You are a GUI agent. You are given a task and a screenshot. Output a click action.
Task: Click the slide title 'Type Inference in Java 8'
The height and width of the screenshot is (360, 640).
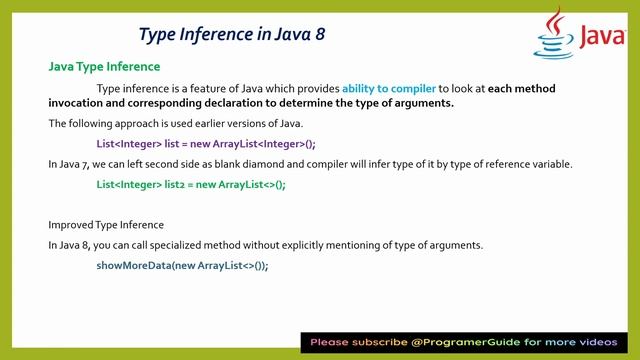pyautogui.click(x=230, y=34)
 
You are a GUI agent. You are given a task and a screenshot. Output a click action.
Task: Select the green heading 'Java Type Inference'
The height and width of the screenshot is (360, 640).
pyautogui.click(x=104, y=67)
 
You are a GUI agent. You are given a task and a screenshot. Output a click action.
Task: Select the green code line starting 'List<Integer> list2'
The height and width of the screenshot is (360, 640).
pyautogui.click(x=191, y=185)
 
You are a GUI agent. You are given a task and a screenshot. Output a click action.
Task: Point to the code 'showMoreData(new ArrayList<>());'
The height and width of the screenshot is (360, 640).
pyautogui.click(x=182, y=265)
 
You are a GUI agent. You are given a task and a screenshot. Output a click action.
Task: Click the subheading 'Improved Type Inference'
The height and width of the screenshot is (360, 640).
pyautogui.click(x=106, y=224)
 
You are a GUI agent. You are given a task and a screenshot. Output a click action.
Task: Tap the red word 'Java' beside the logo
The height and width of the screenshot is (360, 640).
pyautogui.click(x=602, y=39)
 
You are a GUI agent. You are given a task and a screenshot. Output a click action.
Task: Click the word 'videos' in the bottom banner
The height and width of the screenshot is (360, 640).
pyautogui.click(x=607, y=342)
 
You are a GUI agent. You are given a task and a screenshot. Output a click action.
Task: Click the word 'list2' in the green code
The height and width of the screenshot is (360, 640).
pyautogui.click(x=163, y=185)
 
